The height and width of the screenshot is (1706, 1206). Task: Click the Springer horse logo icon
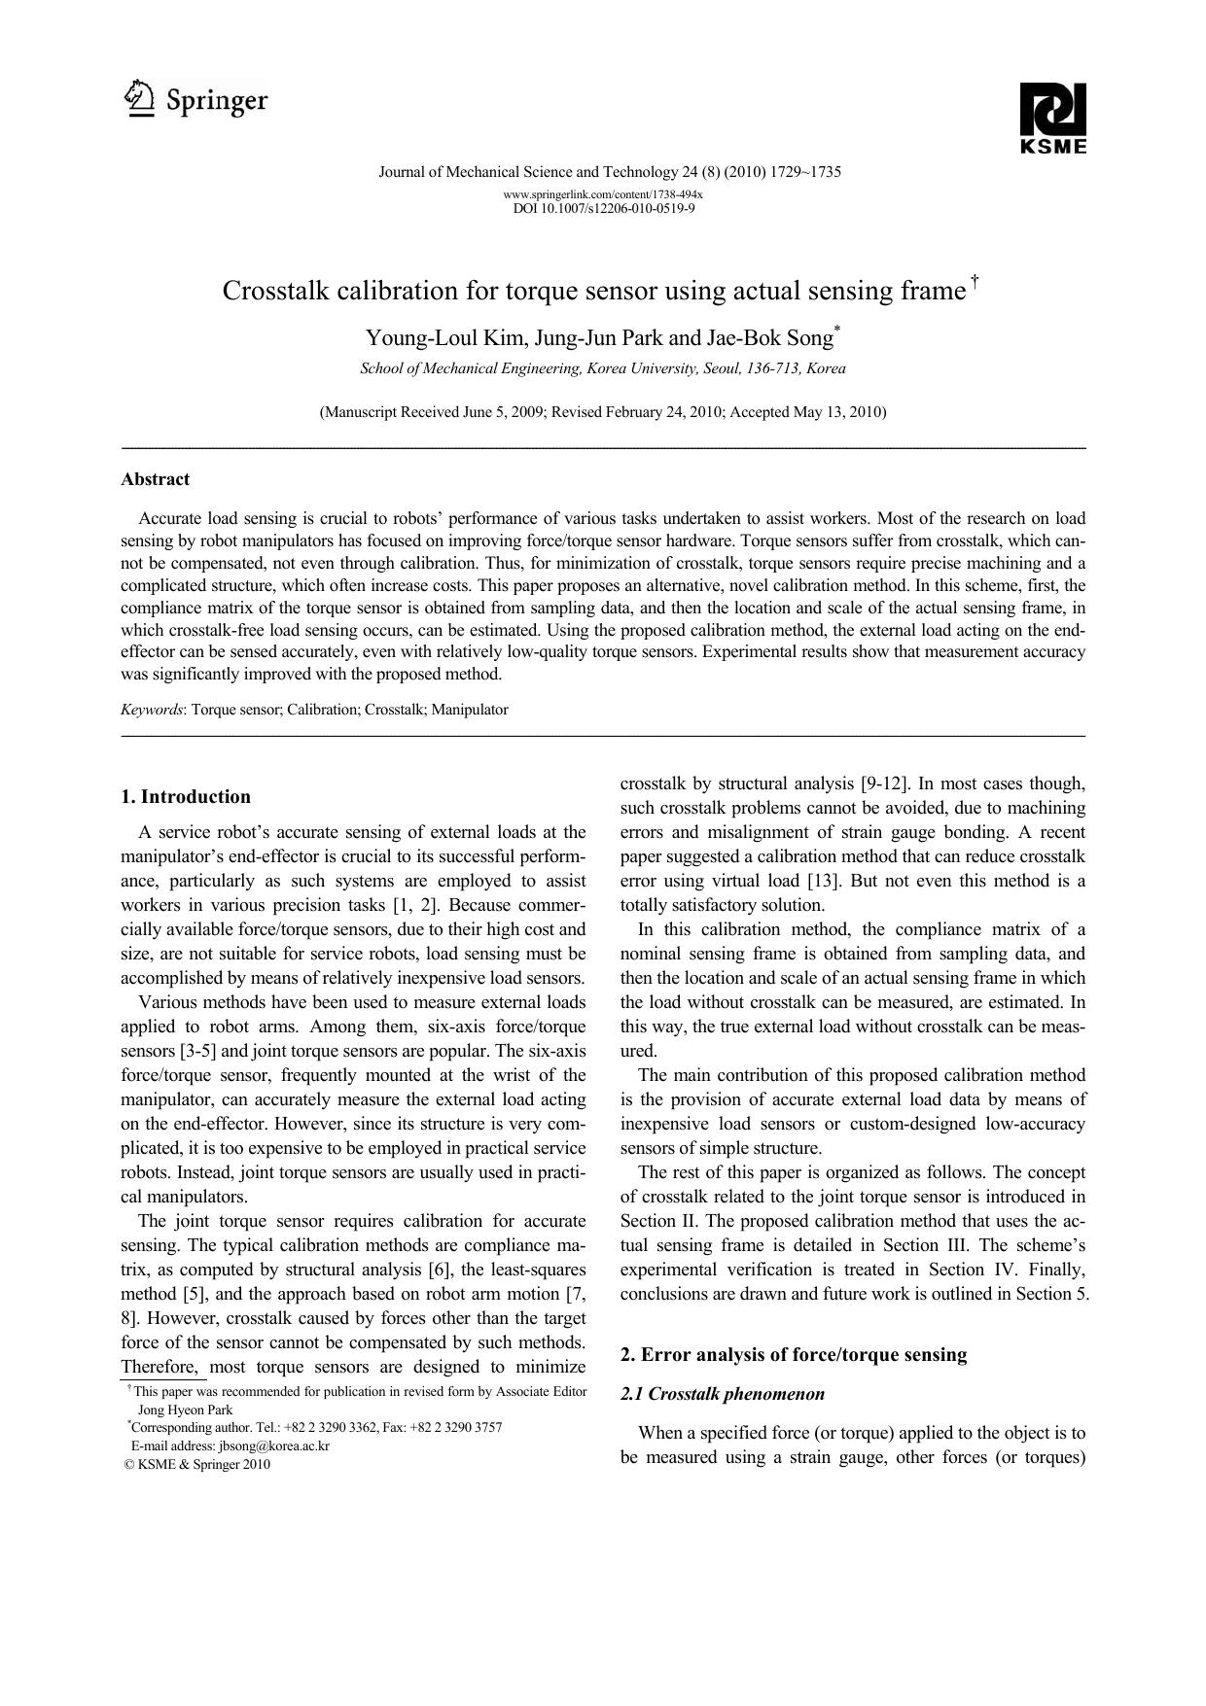pyautogui.click(x=140, y=99)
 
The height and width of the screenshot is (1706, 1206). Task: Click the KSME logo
pyautogui.click(x=1052, y=118)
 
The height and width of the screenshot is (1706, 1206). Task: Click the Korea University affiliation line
pyautogui.click(x=603, y=368)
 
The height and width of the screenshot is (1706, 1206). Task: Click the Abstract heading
pyautogui.click(x=156, y=479)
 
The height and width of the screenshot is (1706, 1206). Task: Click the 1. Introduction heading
pyautogui.click(x=186, y=797)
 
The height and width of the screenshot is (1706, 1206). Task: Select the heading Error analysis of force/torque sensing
pyautogui.click(x=803, y=1355)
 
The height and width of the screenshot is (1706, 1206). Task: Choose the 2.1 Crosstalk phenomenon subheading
pyautogui.click(x=722, y=1394)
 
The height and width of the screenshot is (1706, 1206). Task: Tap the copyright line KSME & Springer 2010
pyautogui.click(x=197, y=1464)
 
